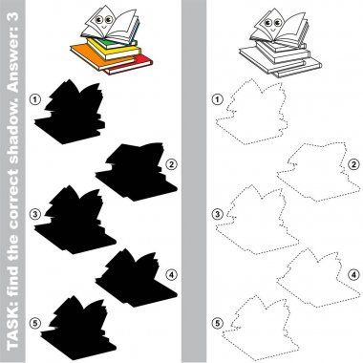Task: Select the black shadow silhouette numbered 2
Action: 137,174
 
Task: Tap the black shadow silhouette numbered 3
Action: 74,223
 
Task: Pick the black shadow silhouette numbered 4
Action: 137,280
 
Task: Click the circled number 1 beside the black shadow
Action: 35,99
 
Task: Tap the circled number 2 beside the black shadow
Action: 171,164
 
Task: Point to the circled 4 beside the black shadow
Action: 171,274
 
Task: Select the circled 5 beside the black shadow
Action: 35,324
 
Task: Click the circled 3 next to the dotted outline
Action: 218,214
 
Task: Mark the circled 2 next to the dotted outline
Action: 353,164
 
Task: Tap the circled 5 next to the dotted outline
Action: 218,324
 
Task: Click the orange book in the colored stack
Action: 93,57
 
